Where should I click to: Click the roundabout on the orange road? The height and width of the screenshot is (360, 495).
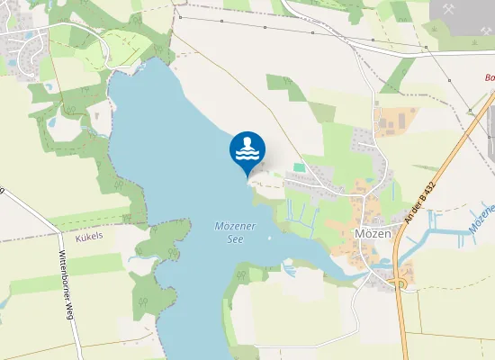(399, 283)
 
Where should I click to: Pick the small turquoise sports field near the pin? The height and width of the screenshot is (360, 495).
(299, 166)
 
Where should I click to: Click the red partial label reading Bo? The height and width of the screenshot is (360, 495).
(490, 77)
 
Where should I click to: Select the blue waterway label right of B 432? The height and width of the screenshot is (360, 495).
(482, 220)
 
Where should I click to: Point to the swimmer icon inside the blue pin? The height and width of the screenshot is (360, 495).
(247, 148)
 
